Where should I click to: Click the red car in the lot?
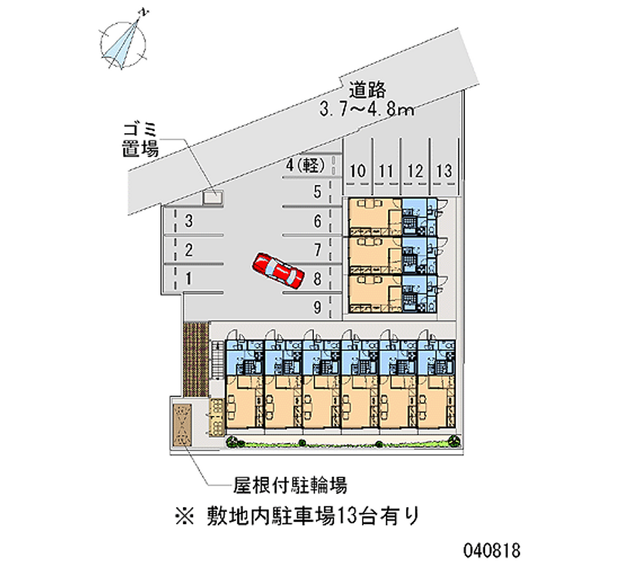277,269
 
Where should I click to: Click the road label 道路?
367,89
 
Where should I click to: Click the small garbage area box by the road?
212,197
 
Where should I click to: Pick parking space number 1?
189,276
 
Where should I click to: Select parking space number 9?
317,307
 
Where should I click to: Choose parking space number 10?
358,170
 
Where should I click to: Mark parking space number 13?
444,170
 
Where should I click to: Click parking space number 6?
317,221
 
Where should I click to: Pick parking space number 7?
317,249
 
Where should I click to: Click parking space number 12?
415,170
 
